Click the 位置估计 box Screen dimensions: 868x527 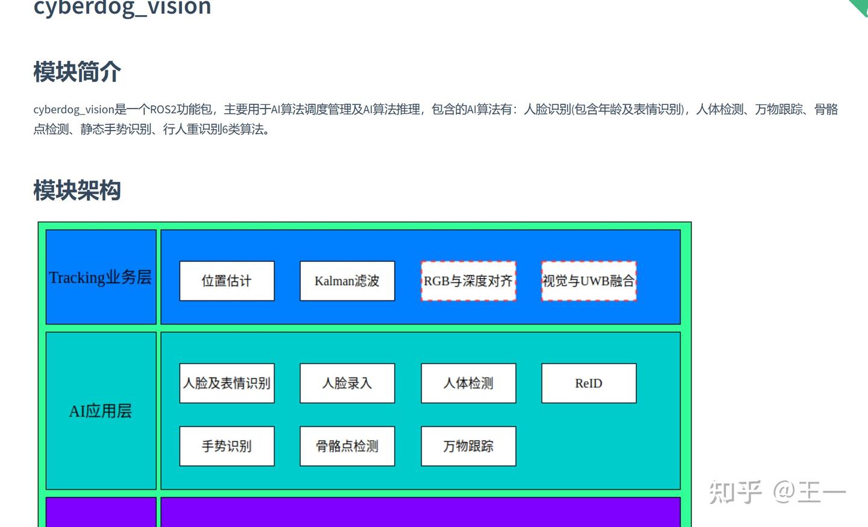tap(227, 281)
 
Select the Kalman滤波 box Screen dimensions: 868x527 tap(347, 281)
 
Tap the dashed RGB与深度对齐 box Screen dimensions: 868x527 tap(468, 281)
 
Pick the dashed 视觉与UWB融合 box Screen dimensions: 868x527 tap(589, 281)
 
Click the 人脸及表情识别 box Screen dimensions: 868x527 tap(227, 383)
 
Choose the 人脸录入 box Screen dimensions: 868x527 tap(347, 383)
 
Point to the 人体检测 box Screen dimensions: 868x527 tap(468, 383)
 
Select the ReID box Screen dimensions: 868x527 tap(589, 383)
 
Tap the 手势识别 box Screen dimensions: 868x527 tap(227, 446)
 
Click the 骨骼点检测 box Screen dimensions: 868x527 tap(347, 446)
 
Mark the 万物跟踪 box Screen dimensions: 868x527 tap(468, 446)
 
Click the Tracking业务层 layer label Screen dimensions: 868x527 tap(101, 277)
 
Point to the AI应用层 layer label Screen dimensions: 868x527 tap(101, 411)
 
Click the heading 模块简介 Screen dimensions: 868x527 tap(77, 72)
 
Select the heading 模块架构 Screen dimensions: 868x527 tap(77, 191)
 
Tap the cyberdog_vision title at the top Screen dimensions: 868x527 tap(122, 7)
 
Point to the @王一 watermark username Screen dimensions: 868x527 tap(809, 493)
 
